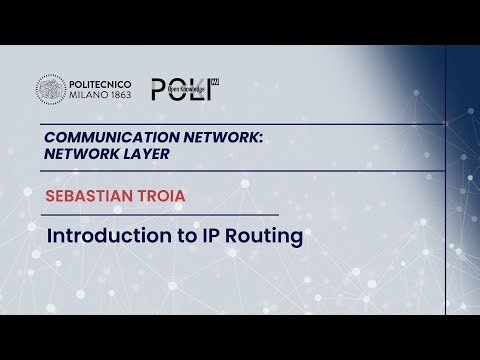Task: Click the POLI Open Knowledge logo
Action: tap(184, 89)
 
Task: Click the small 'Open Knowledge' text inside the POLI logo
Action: tap(187, 91)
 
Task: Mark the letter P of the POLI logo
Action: tap(158, 89)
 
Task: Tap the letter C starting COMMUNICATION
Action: tap(50, 138)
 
